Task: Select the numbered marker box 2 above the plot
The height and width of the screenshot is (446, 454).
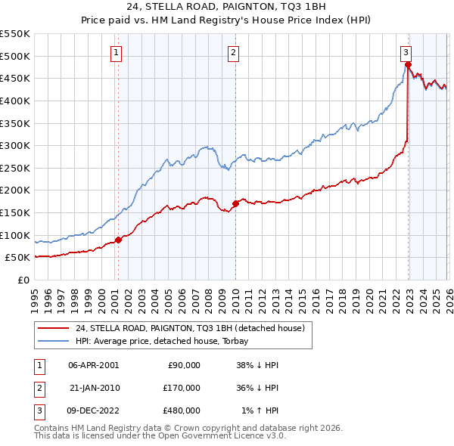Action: pyautogui.click(x=233, y=52)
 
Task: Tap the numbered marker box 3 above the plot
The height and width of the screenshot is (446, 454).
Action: pyautogui.click(x=406, y=52)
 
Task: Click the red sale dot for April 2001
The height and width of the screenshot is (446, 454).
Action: pyautogui.click(x=118, y=240)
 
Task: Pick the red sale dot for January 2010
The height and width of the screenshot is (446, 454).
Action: pyautogui.click(x=235, y=203)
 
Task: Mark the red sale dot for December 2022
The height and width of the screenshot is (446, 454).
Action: pyautogui.click(x=408, y=65)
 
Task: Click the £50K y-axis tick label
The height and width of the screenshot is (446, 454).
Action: pyautogui.click(x=17, y=258)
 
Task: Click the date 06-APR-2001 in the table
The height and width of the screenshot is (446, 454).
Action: pyautogui.click(x=94, y=365)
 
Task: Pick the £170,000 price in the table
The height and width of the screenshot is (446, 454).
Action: pyautogui.click(x=182, y=388)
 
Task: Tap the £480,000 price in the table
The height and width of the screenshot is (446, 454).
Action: pyautogui.click(x=182, y=410)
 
